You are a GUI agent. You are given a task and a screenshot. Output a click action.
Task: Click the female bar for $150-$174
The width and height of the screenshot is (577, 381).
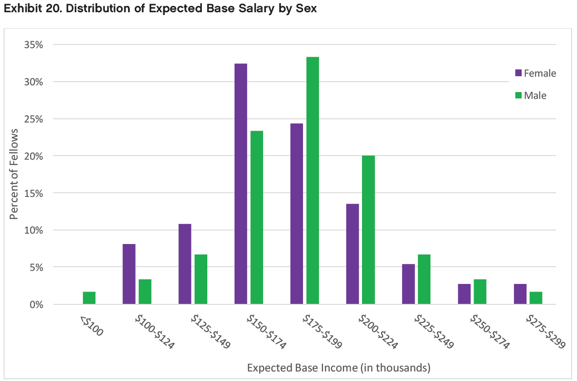[241, 184]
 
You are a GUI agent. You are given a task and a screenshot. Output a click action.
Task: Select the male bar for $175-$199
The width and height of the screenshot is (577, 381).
[313, 181]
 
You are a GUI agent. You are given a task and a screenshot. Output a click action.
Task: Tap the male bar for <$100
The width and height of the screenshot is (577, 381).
[89, 298]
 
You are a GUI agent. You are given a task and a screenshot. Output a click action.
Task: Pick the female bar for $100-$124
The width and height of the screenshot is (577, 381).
[129, 274]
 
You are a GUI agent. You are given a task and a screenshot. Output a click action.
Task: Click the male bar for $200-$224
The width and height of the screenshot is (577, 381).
[368, 230]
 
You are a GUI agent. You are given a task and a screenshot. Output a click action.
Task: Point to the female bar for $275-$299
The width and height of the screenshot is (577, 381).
[520, 294]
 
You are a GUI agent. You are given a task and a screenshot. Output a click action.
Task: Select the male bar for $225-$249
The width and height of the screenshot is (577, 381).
[424, 279]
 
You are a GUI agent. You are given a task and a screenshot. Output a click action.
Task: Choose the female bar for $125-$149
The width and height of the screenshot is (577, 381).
[185, 264]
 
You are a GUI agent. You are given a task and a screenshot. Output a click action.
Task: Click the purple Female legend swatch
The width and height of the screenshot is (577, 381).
[518, 73]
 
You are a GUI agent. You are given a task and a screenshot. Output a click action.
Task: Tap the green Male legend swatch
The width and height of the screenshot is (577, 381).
[518, 96]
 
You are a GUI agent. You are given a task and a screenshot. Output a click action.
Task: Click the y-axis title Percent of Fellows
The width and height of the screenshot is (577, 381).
[15, 174]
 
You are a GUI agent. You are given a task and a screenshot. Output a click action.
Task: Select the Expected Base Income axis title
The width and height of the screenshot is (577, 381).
[338, 367]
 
